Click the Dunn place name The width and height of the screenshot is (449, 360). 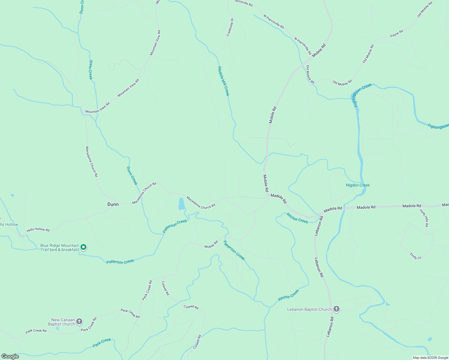tap(113, 204)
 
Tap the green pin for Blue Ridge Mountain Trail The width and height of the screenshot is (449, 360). tap(84, 247)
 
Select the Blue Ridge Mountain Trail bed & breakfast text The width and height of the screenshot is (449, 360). tap(60, 247)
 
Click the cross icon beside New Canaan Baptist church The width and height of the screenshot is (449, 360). tap(79, 322)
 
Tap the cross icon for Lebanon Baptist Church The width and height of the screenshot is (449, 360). tap(336, 309)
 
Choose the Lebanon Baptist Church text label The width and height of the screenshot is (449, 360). tap(309, 309)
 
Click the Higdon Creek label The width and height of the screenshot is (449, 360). tap(358, 185)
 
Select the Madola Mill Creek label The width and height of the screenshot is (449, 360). tap(223, 81)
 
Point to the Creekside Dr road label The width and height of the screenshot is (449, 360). tap(230, 27)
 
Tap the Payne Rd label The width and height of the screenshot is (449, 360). tap(396, 34)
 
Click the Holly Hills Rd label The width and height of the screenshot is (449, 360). tap(424, 217)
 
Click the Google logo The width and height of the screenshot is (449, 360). tap(10, 356)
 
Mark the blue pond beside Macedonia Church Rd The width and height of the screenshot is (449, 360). tap(182, 204)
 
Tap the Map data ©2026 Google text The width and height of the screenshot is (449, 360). tap(430, 358)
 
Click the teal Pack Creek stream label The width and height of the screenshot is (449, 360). tap(102, 343)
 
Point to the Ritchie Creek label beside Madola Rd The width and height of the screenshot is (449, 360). tap(297, 218)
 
